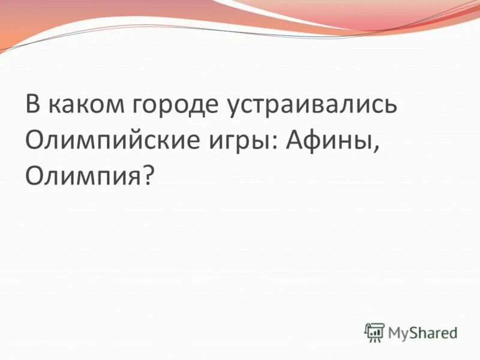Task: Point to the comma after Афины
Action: click(379, 148)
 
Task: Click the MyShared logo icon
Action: click(374, 332)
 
